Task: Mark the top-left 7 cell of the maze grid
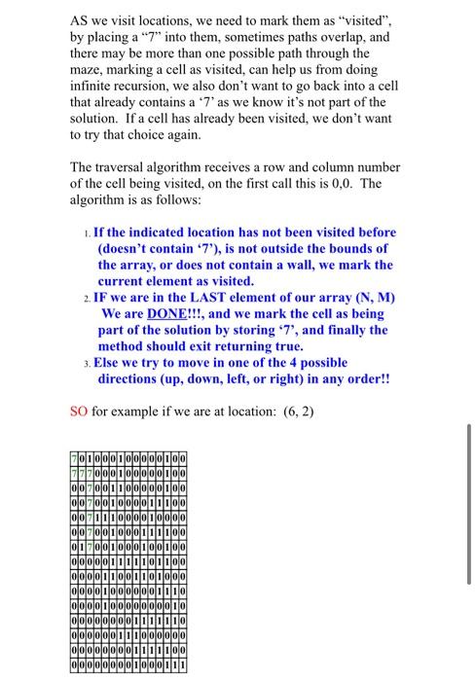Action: point(74,458)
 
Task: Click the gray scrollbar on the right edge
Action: point(468,504)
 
